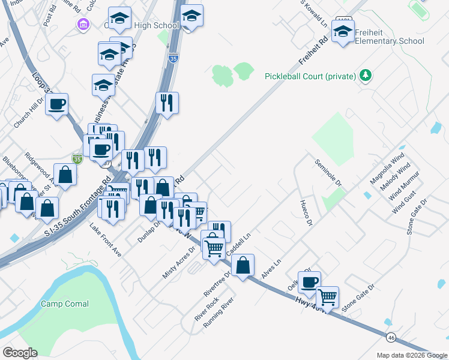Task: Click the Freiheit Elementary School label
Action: pos(389,37)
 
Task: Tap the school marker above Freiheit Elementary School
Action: pos(343,31)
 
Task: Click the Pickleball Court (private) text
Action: pos(310,77)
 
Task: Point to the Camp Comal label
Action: pos(65,304)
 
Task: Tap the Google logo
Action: pos(20,353)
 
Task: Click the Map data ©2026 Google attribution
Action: pos(411,355)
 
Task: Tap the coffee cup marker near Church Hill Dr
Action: pos(58,104)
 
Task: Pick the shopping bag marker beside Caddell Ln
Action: pos(243,265)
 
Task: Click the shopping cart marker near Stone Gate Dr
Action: pos(327,296)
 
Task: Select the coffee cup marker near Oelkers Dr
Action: pos(309,282)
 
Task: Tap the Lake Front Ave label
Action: pos(105,241)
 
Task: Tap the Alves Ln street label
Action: pos(272,269)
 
